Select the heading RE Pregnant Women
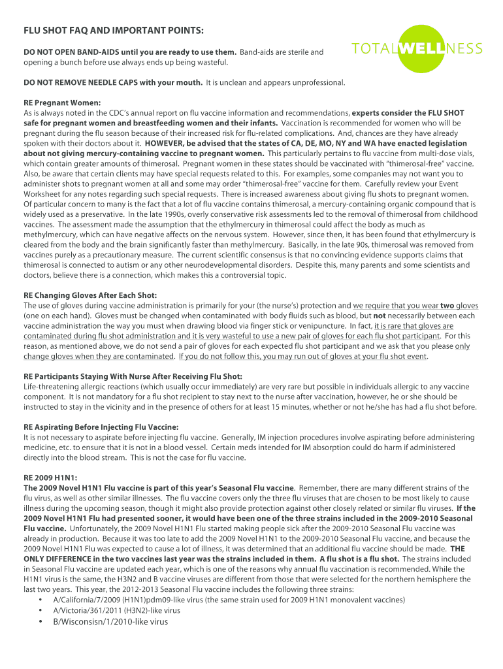[62, 103]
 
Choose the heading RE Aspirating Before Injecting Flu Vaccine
[101, 427]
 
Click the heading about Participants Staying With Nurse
[133, 376]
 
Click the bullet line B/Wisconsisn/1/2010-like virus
[110, 621]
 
